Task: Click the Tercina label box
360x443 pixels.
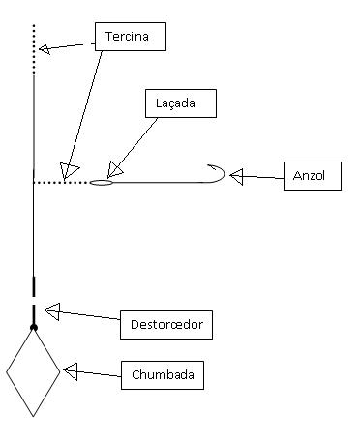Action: [131, 37]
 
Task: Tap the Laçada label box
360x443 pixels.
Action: [181, 103]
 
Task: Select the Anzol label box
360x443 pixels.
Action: [313, 176]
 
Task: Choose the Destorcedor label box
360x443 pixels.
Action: [166, 325]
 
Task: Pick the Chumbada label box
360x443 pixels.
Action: [163, 375]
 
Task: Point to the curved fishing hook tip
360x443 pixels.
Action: [208, 165]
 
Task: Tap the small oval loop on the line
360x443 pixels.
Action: [102, 183]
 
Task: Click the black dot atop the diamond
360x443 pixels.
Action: [34, 328]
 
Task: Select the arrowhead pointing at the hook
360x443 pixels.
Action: [236, 176]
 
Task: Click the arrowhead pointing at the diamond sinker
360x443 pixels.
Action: [71, 371]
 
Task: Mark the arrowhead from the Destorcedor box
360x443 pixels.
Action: [52, 311]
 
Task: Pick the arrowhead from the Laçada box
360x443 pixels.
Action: [114, 169]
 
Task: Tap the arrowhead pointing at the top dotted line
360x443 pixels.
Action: [45, 48]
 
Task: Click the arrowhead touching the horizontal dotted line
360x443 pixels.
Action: [69, 170]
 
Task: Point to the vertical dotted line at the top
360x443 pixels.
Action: [34, 50]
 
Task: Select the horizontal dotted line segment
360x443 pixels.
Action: [62, 183]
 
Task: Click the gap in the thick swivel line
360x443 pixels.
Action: [34, 301]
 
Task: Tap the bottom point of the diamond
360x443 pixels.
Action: [33, 417]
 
